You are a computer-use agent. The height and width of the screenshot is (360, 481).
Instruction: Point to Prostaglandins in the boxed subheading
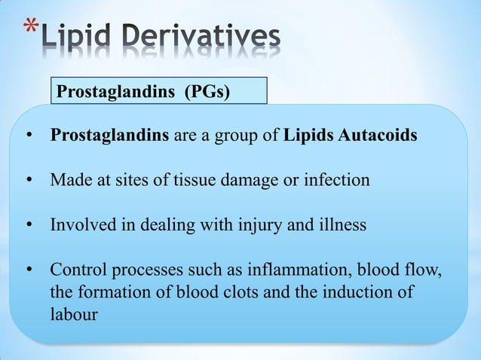click(x=111, y=92)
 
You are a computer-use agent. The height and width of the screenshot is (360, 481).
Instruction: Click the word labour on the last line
click(x=73, y=314)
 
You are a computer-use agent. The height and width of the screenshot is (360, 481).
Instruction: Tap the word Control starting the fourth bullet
click(x=77, y=270)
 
